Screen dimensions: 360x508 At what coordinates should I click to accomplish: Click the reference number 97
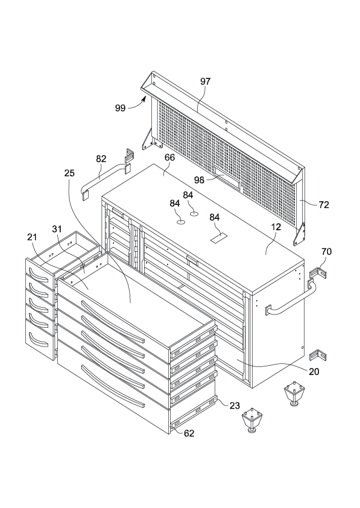(x=205, y=81)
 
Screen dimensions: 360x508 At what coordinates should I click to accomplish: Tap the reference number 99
(x=121, y=108)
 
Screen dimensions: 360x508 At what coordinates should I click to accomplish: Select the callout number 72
(x=324, y=205)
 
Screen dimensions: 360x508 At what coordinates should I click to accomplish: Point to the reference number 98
(x=199, y=180)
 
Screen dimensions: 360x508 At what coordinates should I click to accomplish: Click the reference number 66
(x=169, y=157)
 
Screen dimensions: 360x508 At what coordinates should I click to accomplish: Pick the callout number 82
(x=101, y=158)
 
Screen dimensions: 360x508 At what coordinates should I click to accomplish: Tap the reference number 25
(x=69, y=173)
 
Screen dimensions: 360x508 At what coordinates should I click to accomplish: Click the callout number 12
(x=276, y=227)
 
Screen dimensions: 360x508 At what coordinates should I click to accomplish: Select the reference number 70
(x=327, y=251)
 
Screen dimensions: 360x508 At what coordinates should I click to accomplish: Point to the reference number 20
(x=314, y=372)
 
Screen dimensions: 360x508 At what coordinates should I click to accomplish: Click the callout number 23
(x=235, y=406)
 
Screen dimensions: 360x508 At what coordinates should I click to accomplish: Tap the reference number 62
(x=189, y=433)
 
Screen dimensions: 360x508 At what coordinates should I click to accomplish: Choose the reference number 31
(x=57, y=229)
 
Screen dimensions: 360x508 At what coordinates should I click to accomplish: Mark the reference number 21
(x=32, y=237)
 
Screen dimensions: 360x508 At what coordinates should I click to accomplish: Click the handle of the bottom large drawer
(x=112, y=386)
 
